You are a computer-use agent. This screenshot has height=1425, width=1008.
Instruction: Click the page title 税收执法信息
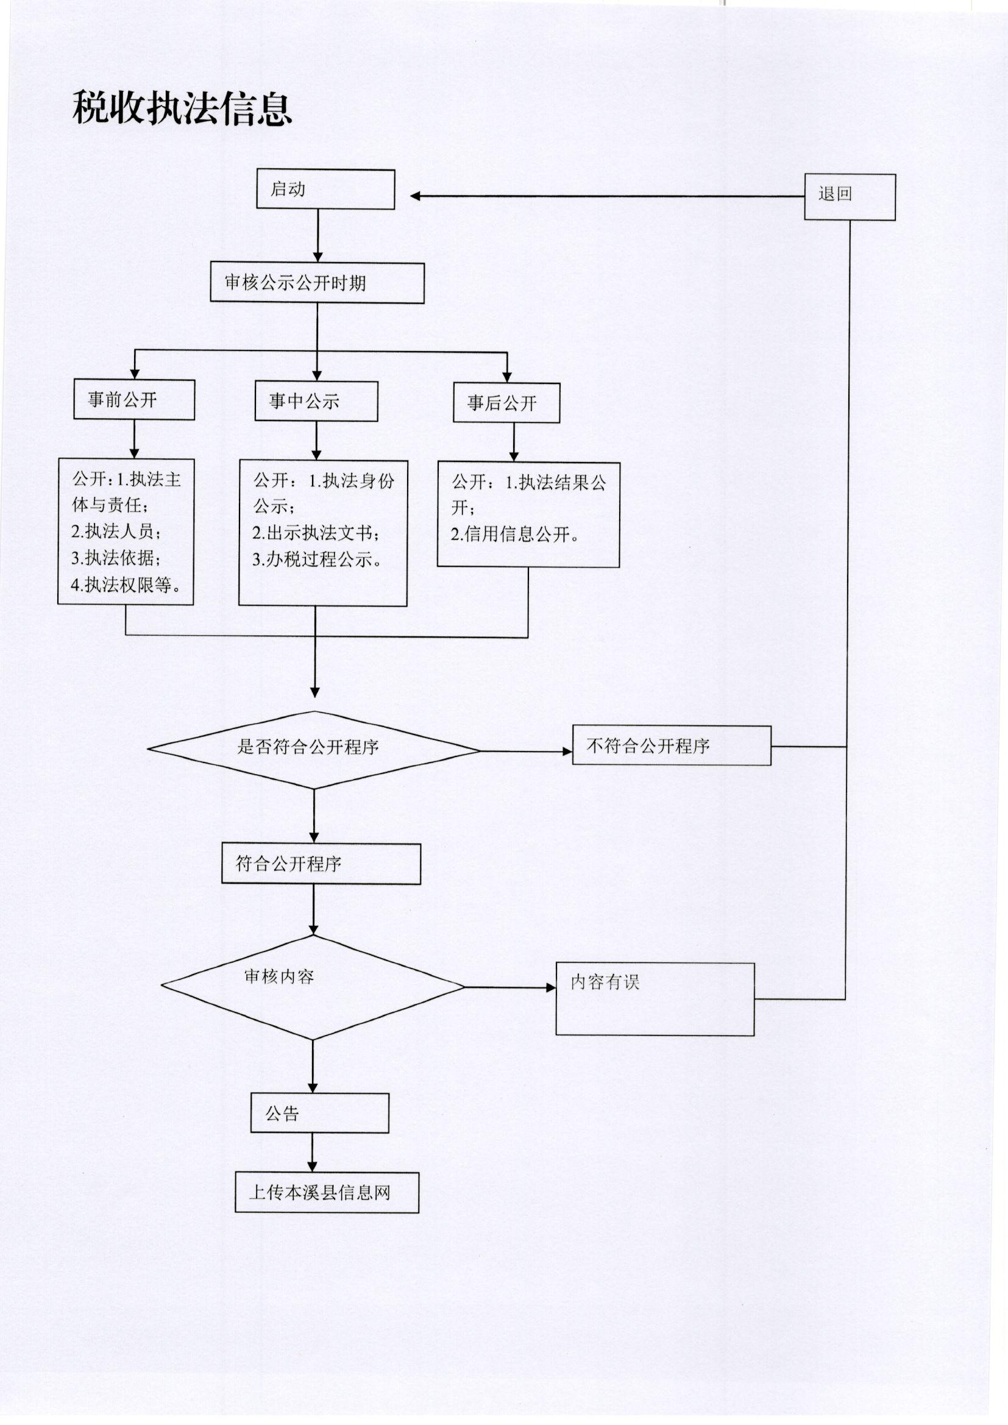(182, 108)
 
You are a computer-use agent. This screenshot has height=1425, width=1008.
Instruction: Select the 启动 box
(326, 190)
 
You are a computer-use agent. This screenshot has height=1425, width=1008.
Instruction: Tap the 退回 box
(850, 197)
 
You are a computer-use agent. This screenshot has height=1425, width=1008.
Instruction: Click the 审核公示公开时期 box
(317, 283)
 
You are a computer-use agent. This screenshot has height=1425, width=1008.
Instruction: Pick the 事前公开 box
(134, 400)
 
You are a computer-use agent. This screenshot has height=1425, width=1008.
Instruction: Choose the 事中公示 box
(316, 402)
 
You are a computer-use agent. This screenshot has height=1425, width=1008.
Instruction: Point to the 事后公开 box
(506, 403)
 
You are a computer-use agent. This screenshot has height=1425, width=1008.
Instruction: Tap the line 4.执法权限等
(126, 585)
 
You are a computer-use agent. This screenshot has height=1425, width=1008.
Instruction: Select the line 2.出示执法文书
(315, 533)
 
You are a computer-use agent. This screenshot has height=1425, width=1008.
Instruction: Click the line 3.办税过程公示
(316, 559)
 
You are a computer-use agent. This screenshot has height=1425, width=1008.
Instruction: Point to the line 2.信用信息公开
(515, 535)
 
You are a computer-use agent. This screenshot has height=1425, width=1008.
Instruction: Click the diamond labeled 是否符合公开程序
(314, 750)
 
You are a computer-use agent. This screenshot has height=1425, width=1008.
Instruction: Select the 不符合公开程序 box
(672, 745)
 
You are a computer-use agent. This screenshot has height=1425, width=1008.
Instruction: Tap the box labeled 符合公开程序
(321, 864)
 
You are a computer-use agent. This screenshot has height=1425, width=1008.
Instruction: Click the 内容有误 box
(655, 999)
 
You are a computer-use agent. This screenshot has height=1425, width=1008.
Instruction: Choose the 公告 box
(320, 1113)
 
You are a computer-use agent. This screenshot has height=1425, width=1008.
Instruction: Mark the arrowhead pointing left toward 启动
(415, 196)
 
